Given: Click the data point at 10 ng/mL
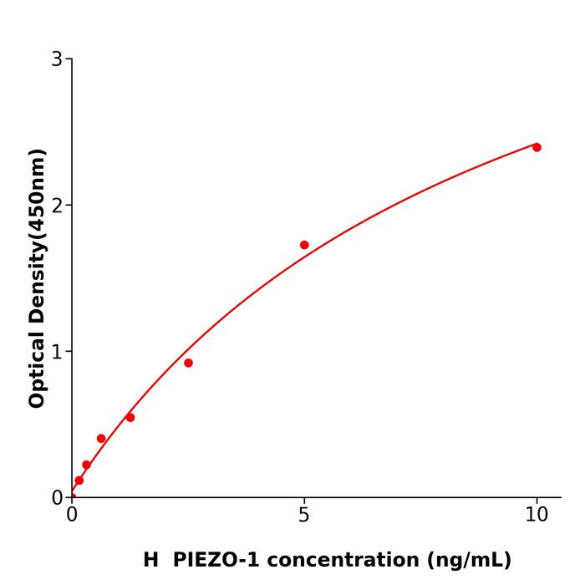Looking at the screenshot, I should coord(537,147).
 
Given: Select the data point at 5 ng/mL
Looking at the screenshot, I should coord(304,245).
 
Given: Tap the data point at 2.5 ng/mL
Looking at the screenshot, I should coord(188,363).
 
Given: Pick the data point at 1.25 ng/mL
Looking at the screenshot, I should coord(130,417).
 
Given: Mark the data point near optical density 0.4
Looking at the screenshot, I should coord(101,438).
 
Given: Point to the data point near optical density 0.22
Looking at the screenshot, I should coord(86,465).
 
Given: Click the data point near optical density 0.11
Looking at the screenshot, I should coord(79,481).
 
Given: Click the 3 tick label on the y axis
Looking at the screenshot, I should coord(57,59).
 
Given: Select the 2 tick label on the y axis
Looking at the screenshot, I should coord(57,206).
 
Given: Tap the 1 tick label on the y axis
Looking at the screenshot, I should coord(57,352).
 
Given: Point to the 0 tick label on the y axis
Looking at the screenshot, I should coord(57,498).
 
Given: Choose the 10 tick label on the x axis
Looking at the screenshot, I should coord(537,516).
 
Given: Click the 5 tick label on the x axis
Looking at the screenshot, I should coord(304,516).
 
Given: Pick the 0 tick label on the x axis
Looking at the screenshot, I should coord(72,516).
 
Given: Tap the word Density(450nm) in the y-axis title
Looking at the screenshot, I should coord(37,237).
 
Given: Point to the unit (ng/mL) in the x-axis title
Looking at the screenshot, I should coord(470,560).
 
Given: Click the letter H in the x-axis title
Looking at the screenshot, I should coord(150,560).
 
